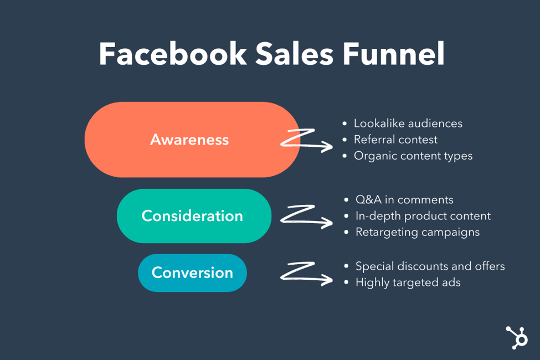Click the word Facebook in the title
pos(172,54)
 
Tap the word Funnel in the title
pos(394,54)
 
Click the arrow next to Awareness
pos(306,140)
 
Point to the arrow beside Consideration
pos(306,216)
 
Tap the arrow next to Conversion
pos(306,272)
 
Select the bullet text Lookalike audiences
pos(408,123)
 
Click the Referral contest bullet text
pos(395,140)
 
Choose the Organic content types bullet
pos(413,156)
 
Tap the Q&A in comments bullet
pos(404,199)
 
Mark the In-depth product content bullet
pos(423,215)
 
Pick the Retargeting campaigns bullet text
pos(418,232)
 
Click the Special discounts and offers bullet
pos(430,266)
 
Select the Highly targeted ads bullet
pos(408,282)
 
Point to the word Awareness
pos(189,140)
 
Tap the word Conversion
pos(192,272)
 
